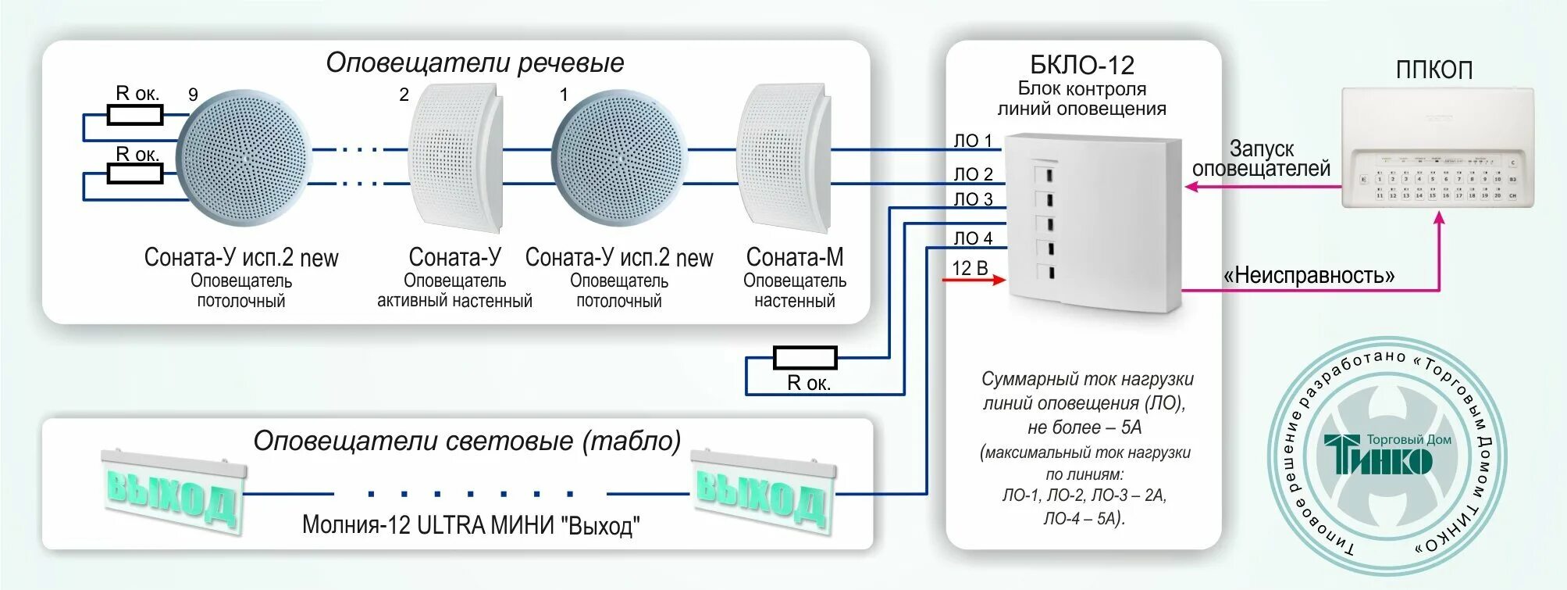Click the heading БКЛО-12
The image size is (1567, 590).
(x=1081, y=65)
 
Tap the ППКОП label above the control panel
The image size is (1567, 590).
(x=1433, y=70)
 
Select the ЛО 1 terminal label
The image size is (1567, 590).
(x=972, y=141)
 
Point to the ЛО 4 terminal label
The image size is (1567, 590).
(x=972, y=238)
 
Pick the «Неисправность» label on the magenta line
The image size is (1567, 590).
(x=1309, y=275)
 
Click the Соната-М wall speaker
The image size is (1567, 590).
(x=783, y=159)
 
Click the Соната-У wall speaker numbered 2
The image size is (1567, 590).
(x=456, y=159)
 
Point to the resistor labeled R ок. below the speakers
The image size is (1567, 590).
(x=805, y=359)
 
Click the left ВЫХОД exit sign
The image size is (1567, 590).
(x=173, y=492)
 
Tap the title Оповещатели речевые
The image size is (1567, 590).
(x=475, y=63)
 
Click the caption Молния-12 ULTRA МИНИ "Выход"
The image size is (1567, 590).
(x=471, y=524)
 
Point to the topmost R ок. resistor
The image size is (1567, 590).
(x=135, y=116)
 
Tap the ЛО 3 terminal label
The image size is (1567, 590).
(x=972, y=199)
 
